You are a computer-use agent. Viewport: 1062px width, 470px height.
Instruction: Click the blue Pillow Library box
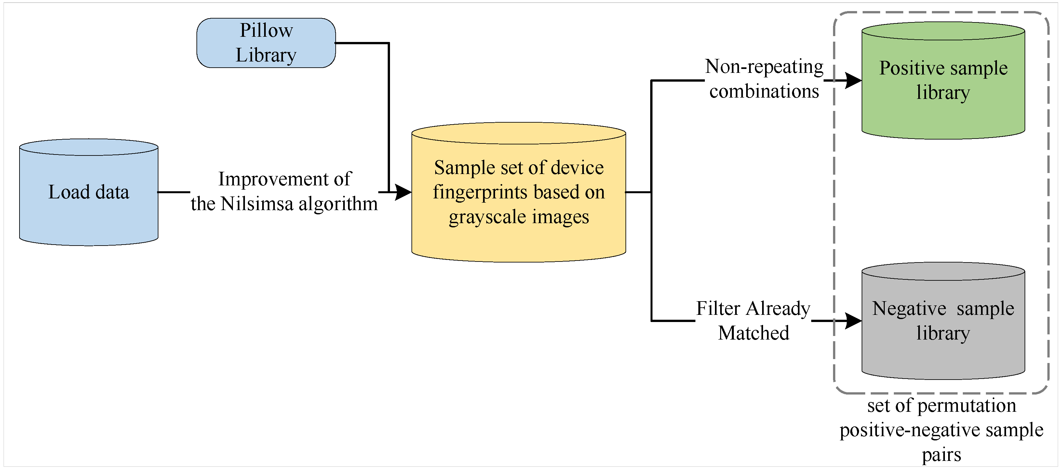(266, 43)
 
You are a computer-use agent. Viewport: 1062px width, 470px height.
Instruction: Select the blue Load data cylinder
(89, 198)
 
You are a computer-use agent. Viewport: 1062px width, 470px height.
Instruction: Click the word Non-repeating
(764, 66)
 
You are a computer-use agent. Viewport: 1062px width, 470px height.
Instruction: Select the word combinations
(764, 91)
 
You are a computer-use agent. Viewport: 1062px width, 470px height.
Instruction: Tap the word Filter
(718, 308)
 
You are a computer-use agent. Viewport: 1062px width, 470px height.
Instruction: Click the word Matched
(753, 333)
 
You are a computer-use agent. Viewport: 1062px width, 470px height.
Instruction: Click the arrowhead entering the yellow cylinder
(403, 192)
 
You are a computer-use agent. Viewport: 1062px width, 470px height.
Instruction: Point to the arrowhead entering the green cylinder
(853, 80)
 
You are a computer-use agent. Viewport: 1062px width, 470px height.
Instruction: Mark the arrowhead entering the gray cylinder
(853, 321)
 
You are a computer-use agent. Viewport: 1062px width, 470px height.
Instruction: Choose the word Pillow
(266, 31)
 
